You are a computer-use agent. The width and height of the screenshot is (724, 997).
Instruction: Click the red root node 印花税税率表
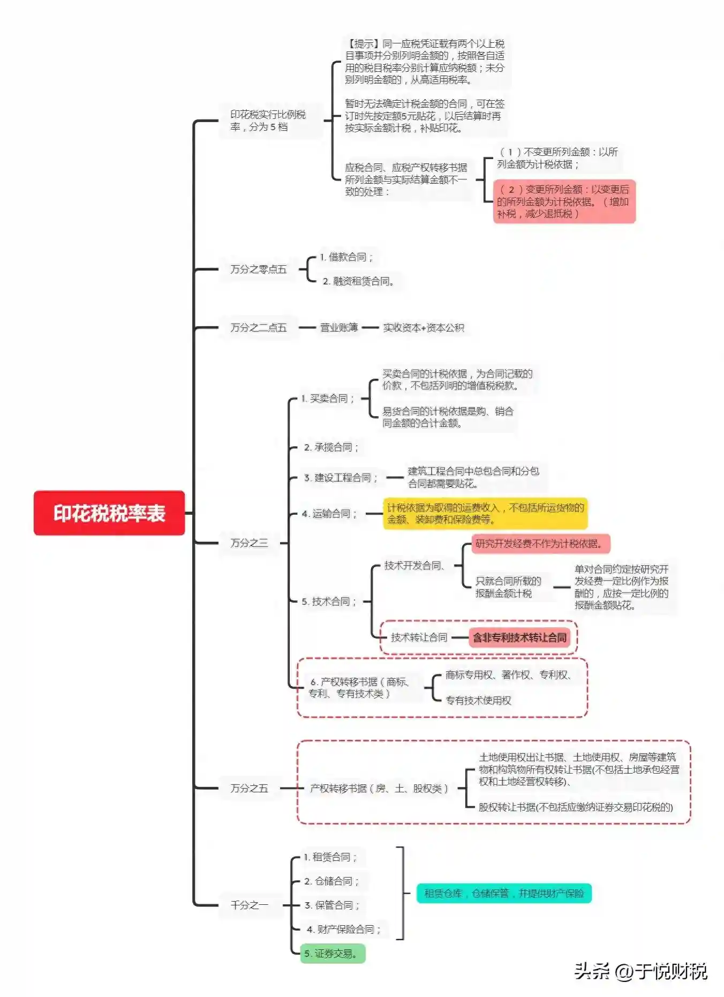[109, 513]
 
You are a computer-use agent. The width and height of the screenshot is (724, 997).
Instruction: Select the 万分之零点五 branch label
[258, 269]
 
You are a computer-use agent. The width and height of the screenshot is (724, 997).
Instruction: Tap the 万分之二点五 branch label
[258, 327]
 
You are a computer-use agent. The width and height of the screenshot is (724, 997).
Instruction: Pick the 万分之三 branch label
[248, 543]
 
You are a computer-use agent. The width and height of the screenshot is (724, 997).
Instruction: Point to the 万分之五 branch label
[248, 788]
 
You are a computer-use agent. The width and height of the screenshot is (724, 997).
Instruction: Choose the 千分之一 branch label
[248, 905]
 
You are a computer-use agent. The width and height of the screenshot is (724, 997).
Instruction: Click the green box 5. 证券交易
[332, 954]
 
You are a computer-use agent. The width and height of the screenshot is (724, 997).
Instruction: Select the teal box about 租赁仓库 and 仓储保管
[504, 893]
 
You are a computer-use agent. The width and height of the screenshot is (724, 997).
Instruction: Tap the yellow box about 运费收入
[485, 513]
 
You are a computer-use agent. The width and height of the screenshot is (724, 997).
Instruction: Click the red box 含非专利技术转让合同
[519, 638]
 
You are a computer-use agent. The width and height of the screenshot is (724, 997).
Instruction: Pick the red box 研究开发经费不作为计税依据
[540, 544]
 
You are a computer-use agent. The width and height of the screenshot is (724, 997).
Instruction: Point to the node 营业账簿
[338, 327]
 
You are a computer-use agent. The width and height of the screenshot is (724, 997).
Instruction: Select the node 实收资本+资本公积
[423, 327]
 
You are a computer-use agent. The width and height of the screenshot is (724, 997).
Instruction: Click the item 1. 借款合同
[346, 257]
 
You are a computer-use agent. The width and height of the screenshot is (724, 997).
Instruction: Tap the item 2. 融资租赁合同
[358, 281]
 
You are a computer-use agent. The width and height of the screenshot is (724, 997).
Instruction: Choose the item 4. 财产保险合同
[343, 929]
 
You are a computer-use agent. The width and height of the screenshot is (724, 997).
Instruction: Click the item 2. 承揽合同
[331, 447]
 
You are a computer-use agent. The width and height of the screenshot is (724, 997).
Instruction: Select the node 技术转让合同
[419, 638]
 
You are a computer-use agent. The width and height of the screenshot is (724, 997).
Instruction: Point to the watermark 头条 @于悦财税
[640, 971]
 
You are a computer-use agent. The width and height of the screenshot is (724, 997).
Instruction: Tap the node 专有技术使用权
[478, 700]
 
